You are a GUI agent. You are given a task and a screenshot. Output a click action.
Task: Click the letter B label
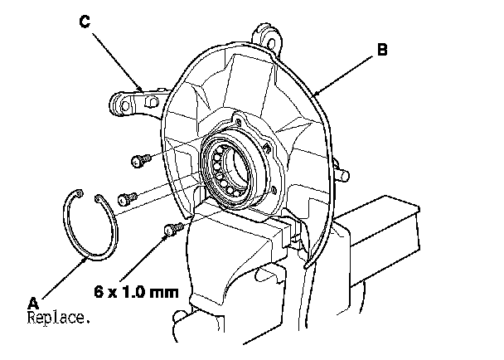coord(381,50)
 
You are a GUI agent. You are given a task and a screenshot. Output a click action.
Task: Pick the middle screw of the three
coord(127,198)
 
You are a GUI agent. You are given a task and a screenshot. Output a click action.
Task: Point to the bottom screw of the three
coord(172,228)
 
